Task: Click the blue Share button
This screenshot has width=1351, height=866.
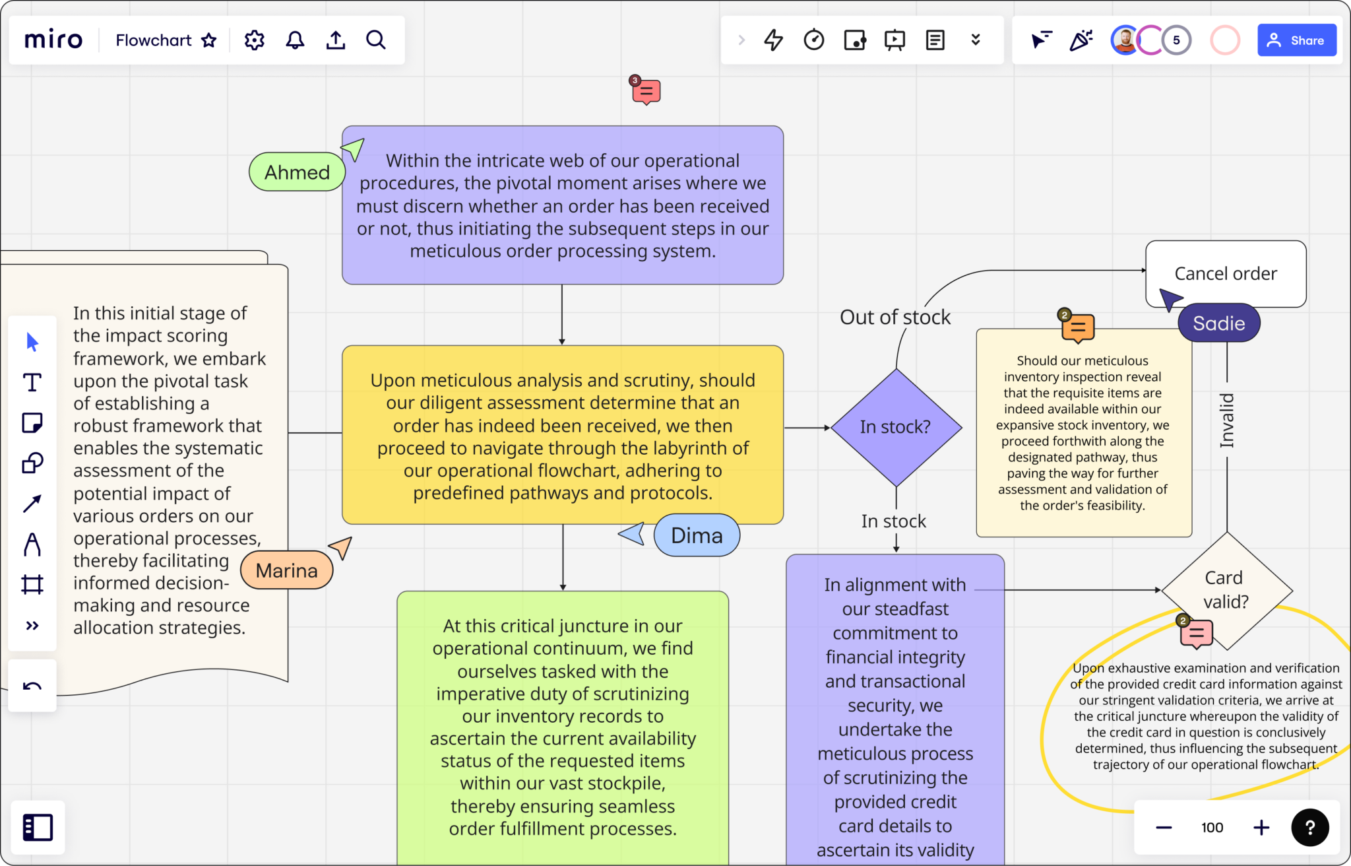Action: click(1296, 40)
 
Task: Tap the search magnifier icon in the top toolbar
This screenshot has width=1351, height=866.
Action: click(376, 40)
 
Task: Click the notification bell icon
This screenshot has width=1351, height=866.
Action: click(295, 40)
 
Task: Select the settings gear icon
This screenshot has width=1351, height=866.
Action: click(254, 40)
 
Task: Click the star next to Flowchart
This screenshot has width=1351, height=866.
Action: click(209, 40)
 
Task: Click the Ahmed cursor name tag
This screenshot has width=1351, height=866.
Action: click(297, 172)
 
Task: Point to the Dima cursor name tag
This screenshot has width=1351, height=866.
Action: click(697, 535)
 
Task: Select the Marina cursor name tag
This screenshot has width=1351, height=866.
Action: click(286, 570)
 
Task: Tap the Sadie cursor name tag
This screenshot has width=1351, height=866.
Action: click(1218, 323)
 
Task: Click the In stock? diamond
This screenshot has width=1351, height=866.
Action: click(896, 427)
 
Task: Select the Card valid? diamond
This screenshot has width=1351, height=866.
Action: click(1226, 589)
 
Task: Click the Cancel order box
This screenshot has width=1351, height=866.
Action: click(1226, 273)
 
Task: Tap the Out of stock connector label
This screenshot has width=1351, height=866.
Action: click(895, 317)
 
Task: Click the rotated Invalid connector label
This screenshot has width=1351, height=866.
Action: click(1226, 420)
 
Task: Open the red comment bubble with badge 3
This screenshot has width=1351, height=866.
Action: click(646, 92)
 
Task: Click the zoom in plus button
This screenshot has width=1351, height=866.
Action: click(1261, 828)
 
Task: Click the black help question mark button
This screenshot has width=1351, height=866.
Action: click(1310, 828)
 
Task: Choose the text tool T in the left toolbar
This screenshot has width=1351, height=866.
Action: click(32, 382)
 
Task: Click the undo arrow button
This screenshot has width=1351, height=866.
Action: click(32, 686)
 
